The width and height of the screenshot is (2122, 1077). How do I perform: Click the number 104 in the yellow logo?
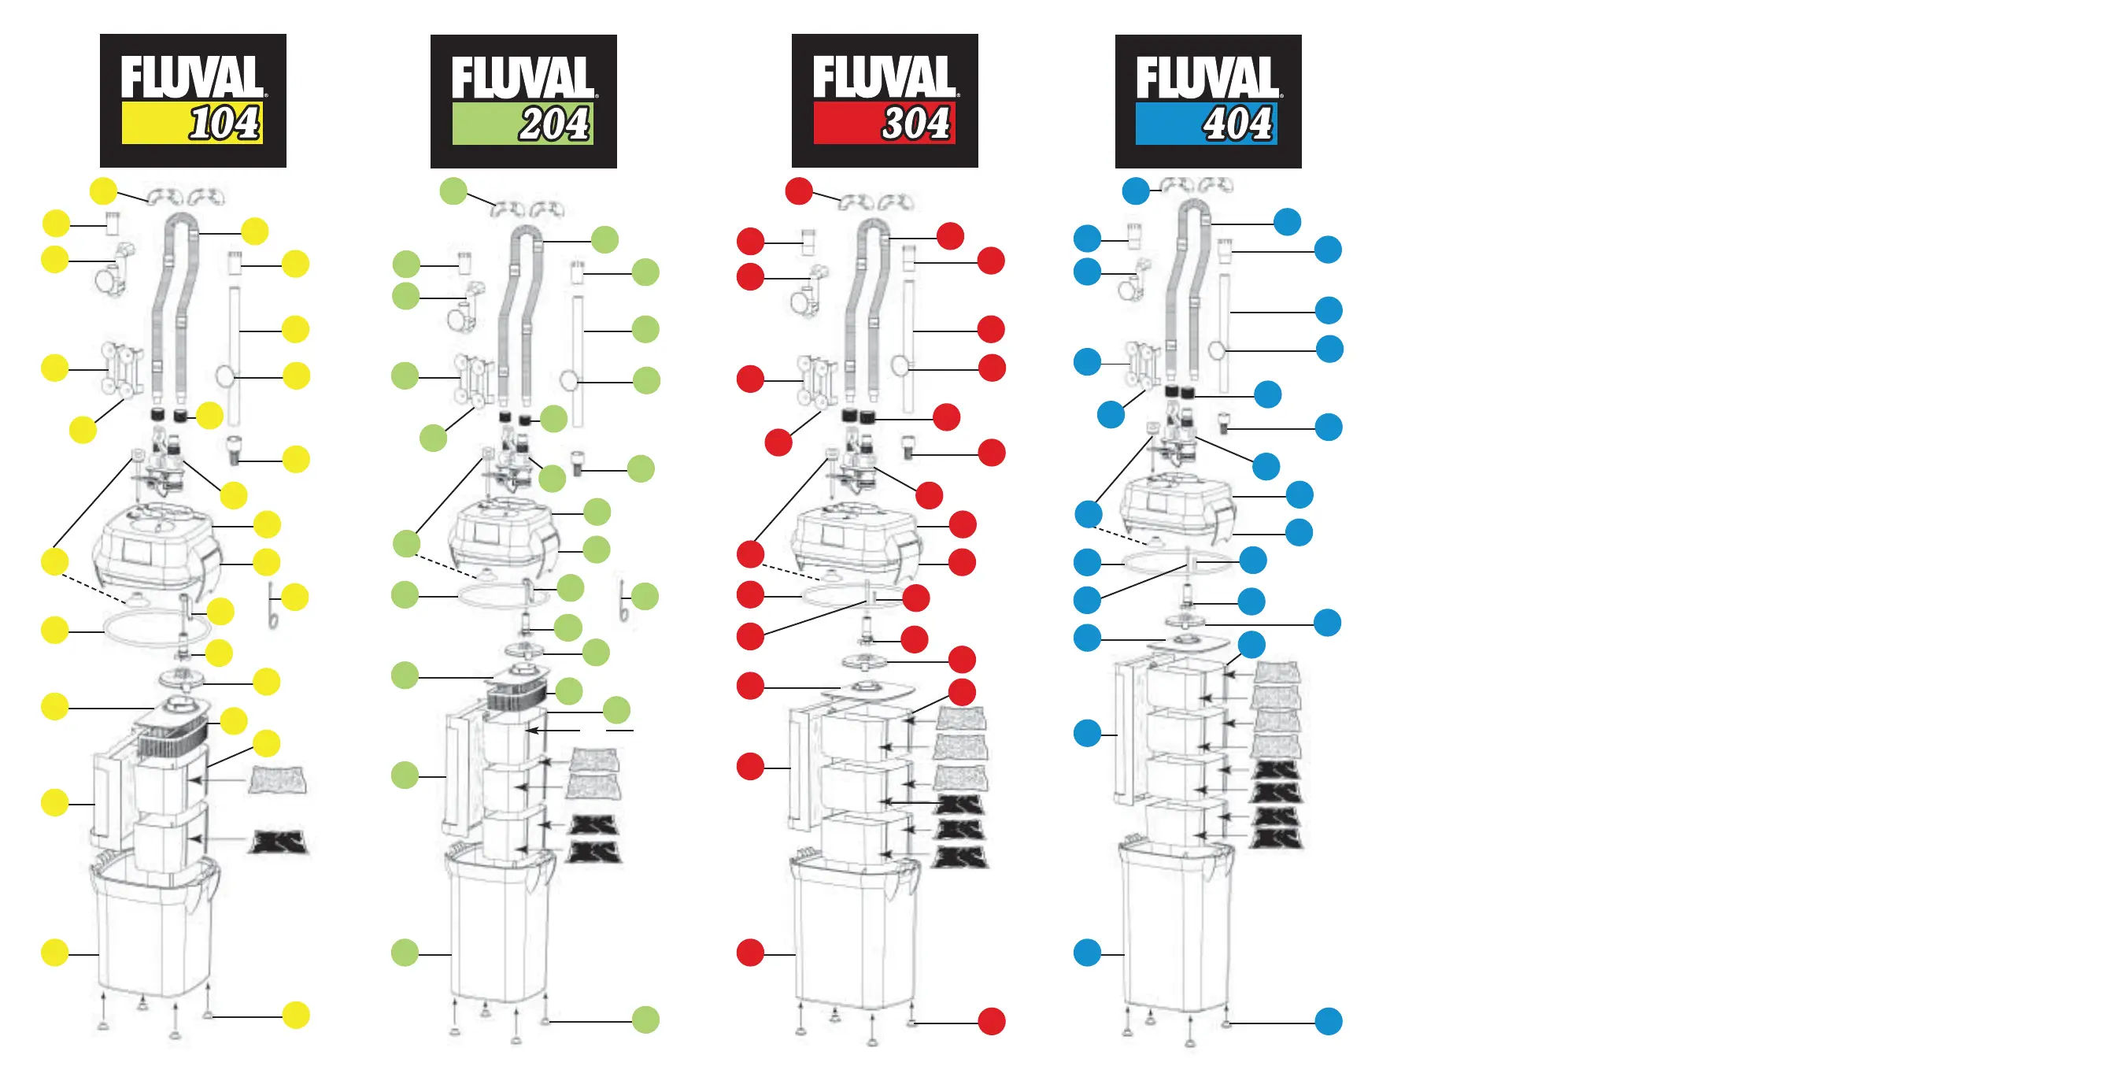(224, 124)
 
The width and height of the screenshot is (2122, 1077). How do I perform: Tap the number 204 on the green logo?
(554, 124)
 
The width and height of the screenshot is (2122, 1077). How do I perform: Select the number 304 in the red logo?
(916, 124)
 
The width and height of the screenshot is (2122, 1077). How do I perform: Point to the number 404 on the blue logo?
(1238, 124)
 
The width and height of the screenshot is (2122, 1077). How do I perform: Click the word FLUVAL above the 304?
(884, 76)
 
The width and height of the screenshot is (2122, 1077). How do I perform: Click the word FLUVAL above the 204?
(523, 77)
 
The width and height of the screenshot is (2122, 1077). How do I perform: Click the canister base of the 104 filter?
(153, 931)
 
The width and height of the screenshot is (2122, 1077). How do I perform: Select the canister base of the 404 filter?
(1177, 931)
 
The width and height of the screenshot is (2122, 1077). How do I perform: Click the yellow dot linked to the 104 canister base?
(55, 953)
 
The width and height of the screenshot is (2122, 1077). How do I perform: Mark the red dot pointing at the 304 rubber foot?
(991, 1022)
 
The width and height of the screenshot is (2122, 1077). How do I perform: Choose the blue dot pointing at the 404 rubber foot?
(1328, 1022)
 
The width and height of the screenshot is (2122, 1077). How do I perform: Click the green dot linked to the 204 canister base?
(405, 953)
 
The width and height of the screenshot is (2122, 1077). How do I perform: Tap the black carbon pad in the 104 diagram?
(279, 842)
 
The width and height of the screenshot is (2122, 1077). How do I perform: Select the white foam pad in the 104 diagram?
(278, 779)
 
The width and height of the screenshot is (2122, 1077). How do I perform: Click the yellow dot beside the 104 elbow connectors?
(103, 191)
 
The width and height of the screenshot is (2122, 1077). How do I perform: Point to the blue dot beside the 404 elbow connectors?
(1135, 191)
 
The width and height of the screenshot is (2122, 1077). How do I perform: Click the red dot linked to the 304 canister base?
(749, 953)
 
